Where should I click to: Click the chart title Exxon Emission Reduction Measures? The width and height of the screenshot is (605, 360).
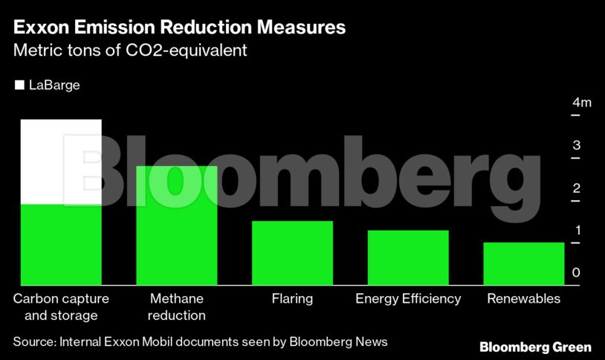click(179, 28)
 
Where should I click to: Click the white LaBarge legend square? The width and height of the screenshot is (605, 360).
click(19, 86)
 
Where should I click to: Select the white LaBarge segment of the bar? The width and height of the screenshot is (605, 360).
click(61, 162)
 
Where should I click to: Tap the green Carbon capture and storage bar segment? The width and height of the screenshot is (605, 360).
click(61, 245)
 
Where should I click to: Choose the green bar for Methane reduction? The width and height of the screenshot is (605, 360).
click(177, 225)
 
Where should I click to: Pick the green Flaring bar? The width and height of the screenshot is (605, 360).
click(292, 253)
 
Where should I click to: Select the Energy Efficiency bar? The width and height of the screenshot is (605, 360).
click(408, 257)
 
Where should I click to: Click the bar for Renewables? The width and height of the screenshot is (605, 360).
click(523, 263)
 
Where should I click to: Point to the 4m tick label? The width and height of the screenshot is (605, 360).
click(581, 103)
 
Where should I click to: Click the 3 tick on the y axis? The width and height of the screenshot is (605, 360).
click(576, 145)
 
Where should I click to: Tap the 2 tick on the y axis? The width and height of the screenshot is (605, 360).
click(576, 187)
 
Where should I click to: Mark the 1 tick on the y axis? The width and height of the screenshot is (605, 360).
click(576, 230)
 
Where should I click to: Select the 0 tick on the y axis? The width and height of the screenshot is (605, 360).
click(576, 272)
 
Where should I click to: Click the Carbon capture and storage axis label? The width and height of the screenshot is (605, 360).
click(61, 306)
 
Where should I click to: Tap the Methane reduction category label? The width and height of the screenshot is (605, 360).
click(177, 306)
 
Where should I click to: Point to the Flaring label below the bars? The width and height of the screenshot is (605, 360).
click(292, 299)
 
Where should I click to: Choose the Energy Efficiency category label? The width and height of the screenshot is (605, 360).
click(408, 299)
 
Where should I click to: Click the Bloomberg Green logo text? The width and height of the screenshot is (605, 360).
click(535, 347)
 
